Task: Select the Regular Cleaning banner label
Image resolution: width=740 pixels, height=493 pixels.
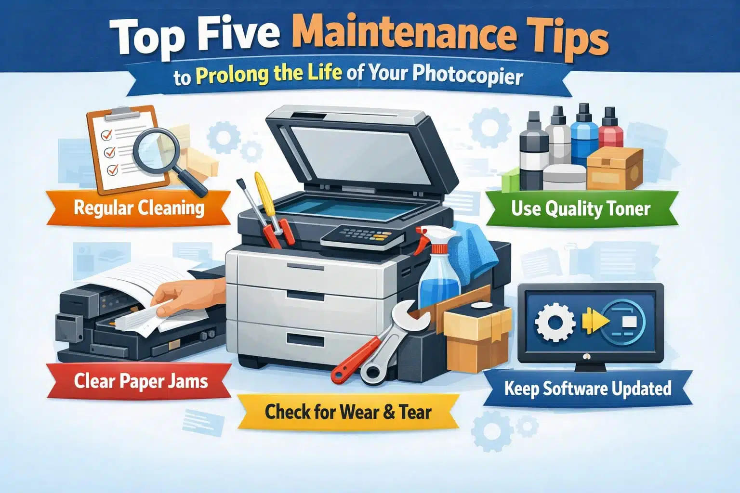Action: coord(139,208)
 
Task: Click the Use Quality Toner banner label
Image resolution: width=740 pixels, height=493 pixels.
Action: coord(581,208)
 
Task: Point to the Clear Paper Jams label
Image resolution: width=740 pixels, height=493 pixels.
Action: coord(141,381)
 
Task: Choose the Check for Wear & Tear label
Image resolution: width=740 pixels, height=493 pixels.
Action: coord(348,412)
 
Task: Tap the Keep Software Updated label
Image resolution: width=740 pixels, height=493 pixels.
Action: coord(588,389)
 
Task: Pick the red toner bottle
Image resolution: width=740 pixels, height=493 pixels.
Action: coord(610,130)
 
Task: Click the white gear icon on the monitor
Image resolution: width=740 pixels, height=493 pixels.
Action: coord(555,323)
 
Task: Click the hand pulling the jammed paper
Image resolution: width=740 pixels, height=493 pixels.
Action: coord(183,296)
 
